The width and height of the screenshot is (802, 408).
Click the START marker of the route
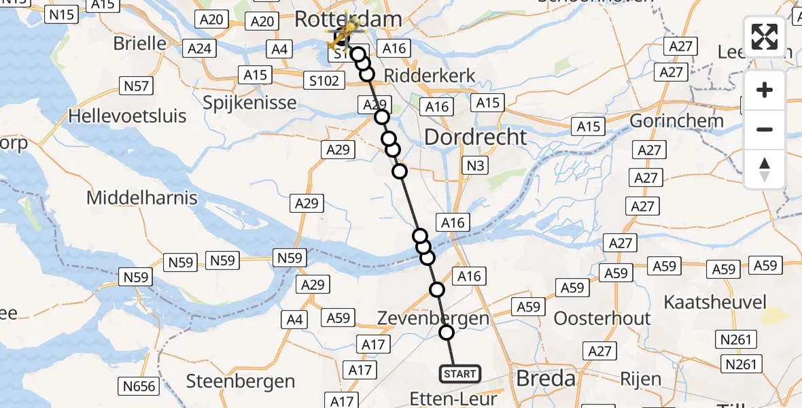460,374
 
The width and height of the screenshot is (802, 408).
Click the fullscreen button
765,37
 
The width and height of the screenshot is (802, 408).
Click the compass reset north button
765,169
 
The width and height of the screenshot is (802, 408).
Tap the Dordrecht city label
475,137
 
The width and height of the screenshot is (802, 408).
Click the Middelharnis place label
142,198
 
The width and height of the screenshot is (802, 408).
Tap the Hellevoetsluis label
127,116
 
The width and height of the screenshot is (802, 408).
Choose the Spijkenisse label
250,103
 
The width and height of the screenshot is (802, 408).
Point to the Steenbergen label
241,381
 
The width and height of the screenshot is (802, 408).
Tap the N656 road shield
140,387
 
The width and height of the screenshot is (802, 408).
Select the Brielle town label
140,44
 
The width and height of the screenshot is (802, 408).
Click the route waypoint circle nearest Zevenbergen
447,333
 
